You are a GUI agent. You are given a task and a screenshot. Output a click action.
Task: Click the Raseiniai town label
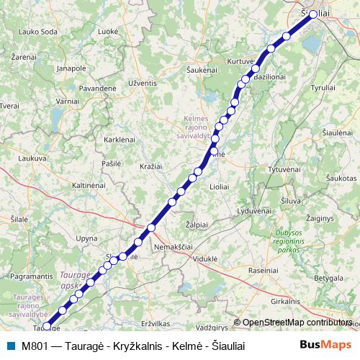tap(263, 270)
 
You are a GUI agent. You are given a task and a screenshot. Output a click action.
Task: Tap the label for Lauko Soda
tap(38, 32)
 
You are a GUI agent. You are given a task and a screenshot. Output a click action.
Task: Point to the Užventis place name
tap(143, 84)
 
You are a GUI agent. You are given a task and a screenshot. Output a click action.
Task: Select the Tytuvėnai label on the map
tap(283, 168)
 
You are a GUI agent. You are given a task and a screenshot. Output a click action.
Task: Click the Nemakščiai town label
tap(175, 246)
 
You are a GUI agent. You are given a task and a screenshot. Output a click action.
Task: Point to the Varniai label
tap(67, 102)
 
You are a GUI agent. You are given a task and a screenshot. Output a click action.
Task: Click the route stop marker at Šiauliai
tap(313, 14)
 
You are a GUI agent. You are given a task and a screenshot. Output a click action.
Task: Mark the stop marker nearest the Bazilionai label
tap(256, 69)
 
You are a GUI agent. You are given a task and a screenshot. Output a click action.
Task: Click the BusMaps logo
tap(325, 345)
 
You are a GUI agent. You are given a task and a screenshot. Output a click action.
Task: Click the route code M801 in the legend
tap(35, 346)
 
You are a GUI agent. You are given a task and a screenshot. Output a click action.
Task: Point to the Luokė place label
tap(108, 32)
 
